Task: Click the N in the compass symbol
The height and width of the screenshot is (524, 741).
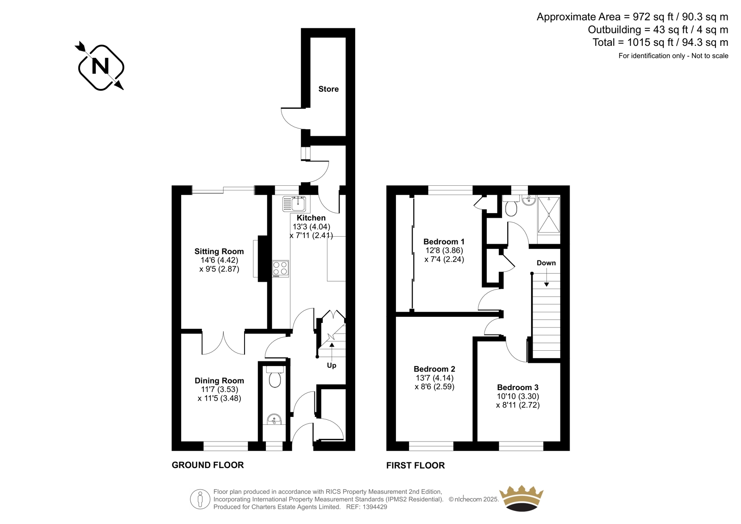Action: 100,66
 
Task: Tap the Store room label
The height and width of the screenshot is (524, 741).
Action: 328,89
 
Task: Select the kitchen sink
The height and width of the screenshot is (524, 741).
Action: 296,204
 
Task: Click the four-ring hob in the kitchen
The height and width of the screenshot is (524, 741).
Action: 281,268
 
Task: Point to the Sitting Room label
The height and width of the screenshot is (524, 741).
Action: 219,251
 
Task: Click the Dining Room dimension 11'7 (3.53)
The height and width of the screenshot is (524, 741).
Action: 219,390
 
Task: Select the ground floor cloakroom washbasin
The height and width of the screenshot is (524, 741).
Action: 274,419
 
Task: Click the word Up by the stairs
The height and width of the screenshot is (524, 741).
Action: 332,366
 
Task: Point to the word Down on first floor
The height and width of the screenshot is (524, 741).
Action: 546,263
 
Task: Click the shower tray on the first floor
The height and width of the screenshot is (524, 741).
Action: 549,215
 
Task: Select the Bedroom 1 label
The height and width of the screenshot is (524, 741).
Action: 444,242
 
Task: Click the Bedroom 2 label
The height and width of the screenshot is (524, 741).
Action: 434,369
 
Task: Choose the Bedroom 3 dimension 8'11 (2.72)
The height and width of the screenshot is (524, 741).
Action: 518,405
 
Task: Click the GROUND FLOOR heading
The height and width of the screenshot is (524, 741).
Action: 208,465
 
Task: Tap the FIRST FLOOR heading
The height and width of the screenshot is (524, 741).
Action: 415,466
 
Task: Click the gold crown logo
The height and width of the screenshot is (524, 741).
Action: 521,498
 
